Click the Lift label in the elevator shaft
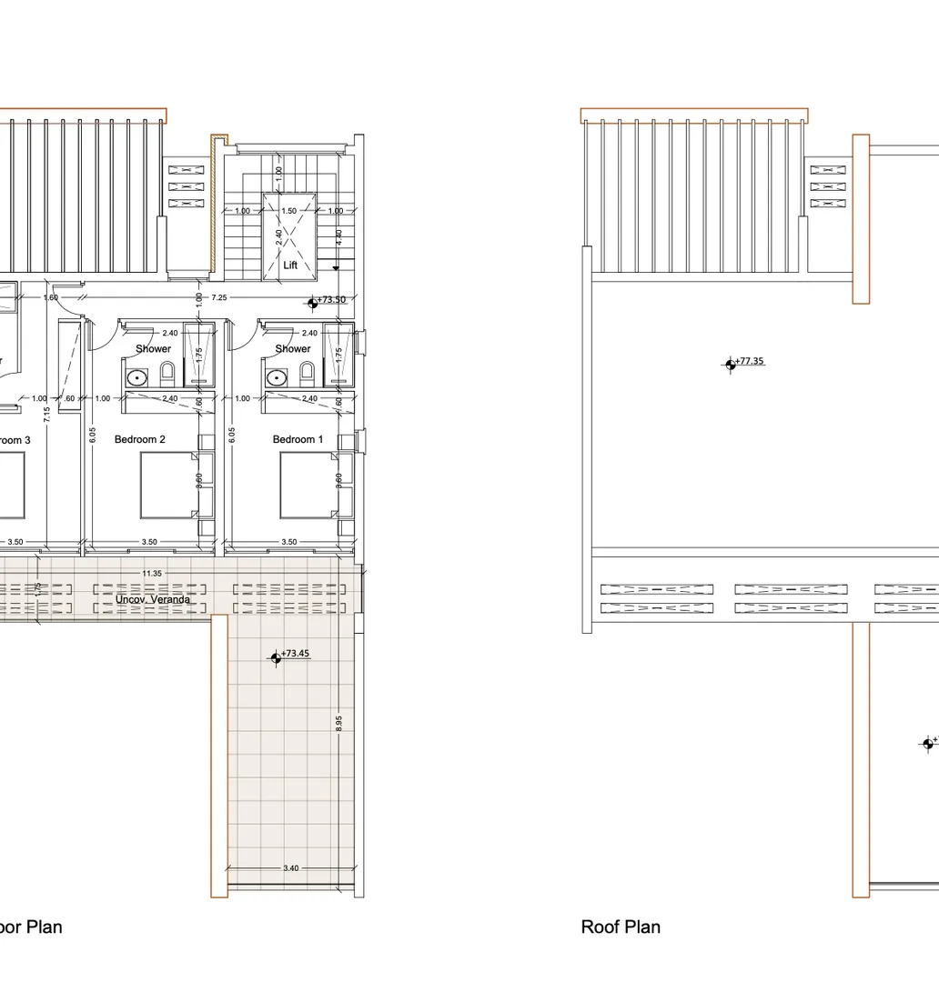click(290, 266)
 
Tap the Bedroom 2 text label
click(140, 440)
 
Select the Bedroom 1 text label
click(298, 440)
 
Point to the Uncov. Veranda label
click(153, 600)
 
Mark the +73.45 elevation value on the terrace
click(296, 654)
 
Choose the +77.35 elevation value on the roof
click(750, 361)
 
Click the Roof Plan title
click(621, 927)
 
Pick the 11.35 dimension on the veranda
click(152, 574)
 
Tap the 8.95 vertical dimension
click(338, 724)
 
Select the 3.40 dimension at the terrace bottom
click(290, 868)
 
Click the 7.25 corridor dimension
click(219, 297)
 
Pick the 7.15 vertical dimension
click(48, 415)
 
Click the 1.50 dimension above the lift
click(289, 211)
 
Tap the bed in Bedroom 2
click(167, 486)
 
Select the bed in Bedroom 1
click(308, 486)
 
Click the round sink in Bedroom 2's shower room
click(138, 376)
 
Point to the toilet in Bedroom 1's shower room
click(307, 371)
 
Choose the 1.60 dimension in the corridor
click(51, 297)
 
